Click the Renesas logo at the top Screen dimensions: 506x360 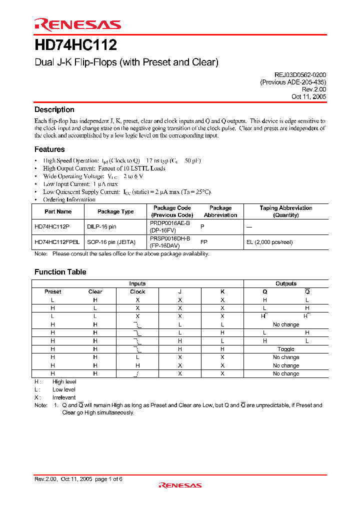pyautogui.click(x=77, y=24)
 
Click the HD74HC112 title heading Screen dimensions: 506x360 pyautogui.click(x=75, y=45)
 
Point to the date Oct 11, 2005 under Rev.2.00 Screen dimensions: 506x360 pyautogui.click(x=308, y=96)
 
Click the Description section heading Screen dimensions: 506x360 pyautogui.click(x=54, y=109)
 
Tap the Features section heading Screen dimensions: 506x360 pyautogui.click(x=49, y=149)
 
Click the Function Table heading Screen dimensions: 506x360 pyautogui.click(x=60, y=272)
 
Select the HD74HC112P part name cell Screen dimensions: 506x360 pyautogui.click(x=52, y=226)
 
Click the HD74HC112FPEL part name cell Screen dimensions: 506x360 pyautogui.click(x=57, y=242)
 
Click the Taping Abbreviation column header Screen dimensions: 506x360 pyautogui.click(x=286, y=211)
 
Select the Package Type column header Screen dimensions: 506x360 pyautogui.click(x=115, y=211)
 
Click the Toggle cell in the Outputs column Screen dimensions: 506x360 pyautogui.click(x=286, y=349)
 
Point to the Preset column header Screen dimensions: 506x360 pyautogui.click(x=53, y=291)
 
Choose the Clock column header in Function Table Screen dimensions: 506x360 pyautogui.click(x=137, y=291)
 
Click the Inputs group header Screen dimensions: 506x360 pyautogui.click(x=137, y=283)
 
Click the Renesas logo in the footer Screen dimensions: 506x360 pyautogui.click(x=180, y=485)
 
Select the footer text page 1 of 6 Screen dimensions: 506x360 pyautogui.click(x=108, y=479)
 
